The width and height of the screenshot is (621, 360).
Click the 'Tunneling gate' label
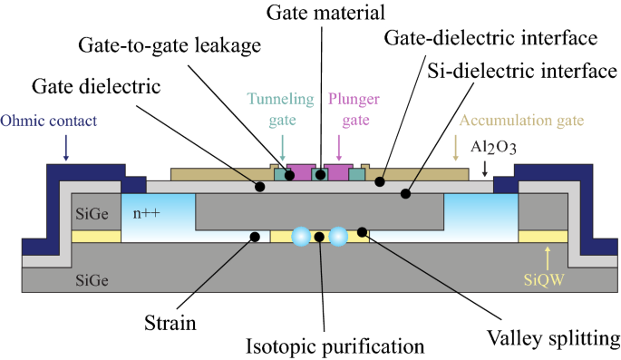tap(283, 108)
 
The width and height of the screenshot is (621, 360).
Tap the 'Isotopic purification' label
tap(324, 345)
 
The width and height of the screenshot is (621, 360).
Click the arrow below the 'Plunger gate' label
tap(339, 146)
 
